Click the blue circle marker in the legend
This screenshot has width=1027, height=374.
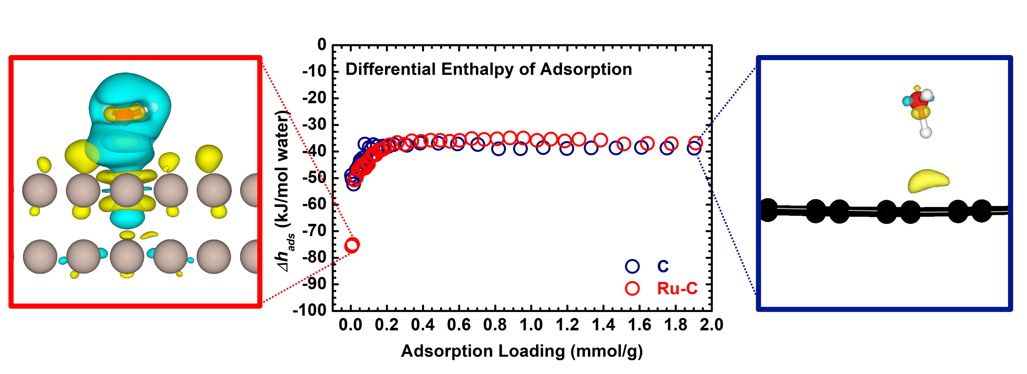632,266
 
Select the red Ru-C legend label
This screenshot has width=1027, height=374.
677,288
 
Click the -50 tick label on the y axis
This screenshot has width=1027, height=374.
315,177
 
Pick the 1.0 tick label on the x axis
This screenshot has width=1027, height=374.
531,325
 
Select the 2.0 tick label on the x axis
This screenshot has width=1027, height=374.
712,325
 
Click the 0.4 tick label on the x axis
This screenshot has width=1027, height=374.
423,325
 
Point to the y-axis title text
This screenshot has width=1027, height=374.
285,191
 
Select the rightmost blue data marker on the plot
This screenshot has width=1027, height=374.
694,149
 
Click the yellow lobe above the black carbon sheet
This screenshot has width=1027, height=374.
928,181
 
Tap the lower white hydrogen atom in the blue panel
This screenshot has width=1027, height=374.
926,132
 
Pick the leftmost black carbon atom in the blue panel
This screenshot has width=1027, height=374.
768,210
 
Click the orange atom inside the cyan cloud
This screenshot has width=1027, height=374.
124,115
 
